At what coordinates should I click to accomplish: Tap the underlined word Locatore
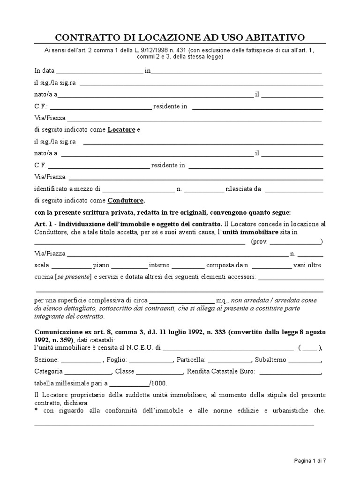(x=121, y=129)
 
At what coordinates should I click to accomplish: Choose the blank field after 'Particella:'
(x=229, y=361)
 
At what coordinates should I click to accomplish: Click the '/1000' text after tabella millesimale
(x=158, y=383)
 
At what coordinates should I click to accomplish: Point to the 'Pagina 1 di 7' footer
(x=310, y=461)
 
